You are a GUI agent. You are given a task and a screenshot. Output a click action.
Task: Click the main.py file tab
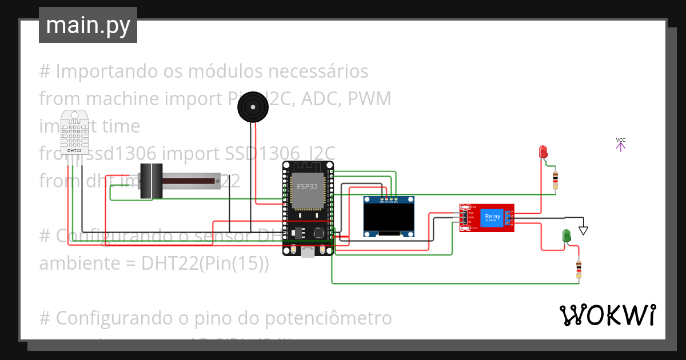coord(87,25)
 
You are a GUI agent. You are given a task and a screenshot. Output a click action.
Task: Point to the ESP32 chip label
coord(308,187)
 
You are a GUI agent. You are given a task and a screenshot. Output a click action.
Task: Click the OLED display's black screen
coord(389,217)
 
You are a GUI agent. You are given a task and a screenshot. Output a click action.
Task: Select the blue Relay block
coord(492,217)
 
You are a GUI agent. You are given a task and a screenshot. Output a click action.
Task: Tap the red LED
coord(543,151)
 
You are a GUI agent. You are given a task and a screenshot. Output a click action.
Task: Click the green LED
coord(566,235)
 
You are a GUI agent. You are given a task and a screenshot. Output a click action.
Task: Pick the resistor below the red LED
coord(555,180)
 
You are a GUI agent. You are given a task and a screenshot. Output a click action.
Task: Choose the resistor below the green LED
coord(579,269)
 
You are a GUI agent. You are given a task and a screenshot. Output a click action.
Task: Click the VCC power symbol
coord(620,143)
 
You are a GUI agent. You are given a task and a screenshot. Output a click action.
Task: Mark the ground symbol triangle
coord(583,230)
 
